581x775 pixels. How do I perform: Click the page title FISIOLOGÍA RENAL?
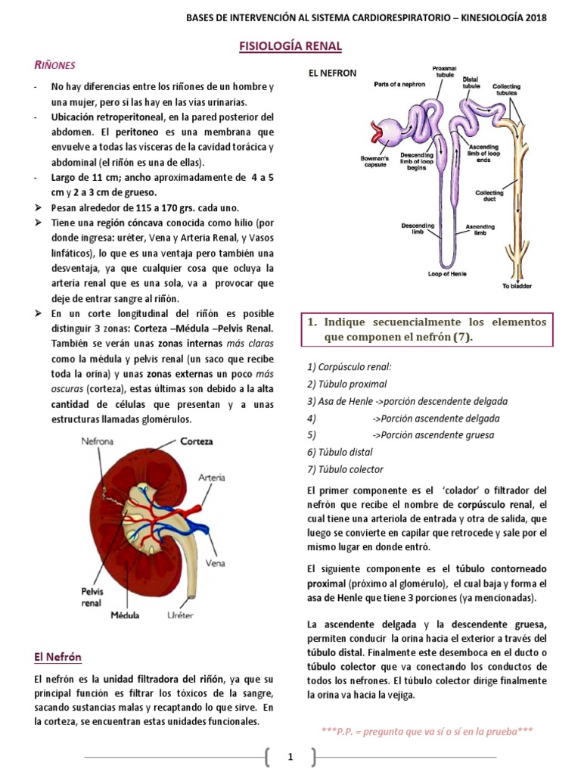coord(290,47)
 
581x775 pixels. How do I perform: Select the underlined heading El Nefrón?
coord(58,657)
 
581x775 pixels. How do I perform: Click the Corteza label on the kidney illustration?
coord(196,441)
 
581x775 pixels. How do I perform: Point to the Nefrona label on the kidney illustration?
coord(99,441)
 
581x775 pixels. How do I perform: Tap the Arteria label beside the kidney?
coord(211,478)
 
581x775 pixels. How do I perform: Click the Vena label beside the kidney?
coord(216,563)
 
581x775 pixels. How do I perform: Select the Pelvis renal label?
coord(92,597)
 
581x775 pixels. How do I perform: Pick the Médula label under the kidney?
coord(125,615)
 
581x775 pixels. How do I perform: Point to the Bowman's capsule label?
coord(374,163)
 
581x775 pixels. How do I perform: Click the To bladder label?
coord(517,285)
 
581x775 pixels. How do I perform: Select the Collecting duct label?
coord(489,196)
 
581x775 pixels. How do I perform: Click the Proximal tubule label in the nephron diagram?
coord(444,72)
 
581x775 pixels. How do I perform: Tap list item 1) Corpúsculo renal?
coord(350,367)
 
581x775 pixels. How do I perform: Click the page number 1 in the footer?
coord(290,756)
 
